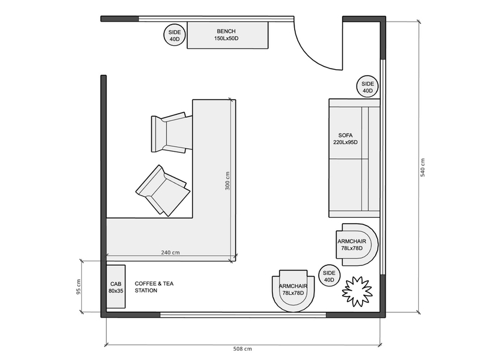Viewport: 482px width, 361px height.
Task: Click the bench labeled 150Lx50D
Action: coord(228,34)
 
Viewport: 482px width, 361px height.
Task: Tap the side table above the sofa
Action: coord(368,87)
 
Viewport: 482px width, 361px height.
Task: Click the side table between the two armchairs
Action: coord(329,276)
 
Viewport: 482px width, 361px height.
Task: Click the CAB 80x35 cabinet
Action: coord(116,287)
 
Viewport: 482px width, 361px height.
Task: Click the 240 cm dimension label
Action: coord(171,253)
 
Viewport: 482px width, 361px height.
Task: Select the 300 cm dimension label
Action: coord(228,181)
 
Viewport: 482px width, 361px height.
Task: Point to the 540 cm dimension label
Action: coord(423,168)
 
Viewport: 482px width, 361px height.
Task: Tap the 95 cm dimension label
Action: coord(78,286)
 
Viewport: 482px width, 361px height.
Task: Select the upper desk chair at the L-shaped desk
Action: coord(171,132)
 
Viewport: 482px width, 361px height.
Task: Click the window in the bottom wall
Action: coord(242,314)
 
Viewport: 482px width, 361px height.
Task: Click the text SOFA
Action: coord(345,135)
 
